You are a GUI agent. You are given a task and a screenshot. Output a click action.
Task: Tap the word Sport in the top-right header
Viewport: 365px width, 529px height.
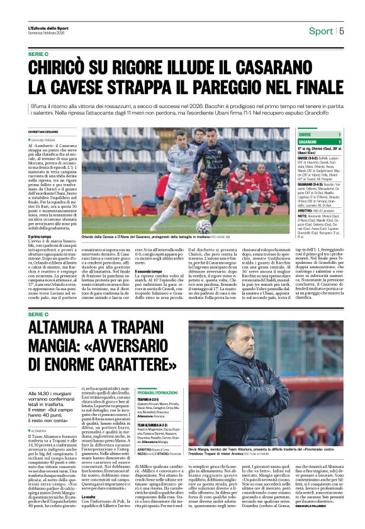pos(321,31)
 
